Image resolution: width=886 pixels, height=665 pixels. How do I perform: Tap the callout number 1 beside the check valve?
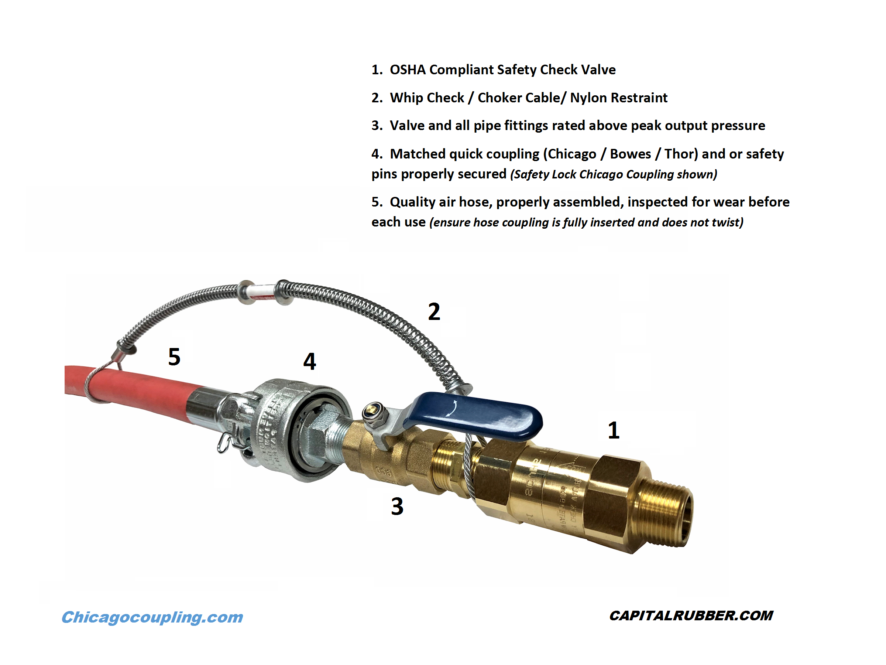613,430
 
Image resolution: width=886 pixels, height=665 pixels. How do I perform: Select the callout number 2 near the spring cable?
434,311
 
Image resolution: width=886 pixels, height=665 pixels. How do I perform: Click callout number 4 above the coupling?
309,361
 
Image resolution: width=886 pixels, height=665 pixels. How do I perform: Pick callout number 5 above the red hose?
174,357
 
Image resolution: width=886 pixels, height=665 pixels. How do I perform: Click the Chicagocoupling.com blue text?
152,617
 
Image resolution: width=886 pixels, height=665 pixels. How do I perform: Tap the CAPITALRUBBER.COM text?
691,616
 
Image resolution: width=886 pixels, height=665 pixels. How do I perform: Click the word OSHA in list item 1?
407,70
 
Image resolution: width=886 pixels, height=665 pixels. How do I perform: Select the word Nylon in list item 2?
587,98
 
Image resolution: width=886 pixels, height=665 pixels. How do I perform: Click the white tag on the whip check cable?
260,291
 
